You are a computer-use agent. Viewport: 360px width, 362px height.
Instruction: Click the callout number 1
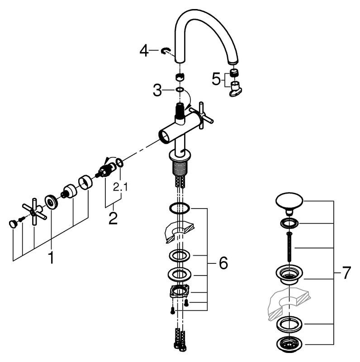tap(51, 258)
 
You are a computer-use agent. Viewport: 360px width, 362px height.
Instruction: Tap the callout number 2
tap(113, 218)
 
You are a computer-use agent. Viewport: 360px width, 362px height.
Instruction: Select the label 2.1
tap(120, 186)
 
